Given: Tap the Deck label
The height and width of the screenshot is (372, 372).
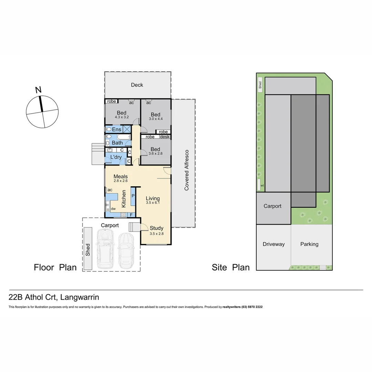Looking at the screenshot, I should [137, 85].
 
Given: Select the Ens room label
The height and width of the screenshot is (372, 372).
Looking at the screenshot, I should [116, 130].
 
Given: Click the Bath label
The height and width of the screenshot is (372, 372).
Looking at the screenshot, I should [117, 143].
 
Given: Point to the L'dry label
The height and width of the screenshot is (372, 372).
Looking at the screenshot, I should [115, 157].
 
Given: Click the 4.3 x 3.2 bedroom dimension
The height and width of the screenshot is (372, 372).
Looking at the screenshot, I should [122, 117].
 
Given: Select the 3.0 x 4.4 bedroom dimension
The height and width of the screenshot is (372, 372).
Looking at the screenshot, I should [155, 119].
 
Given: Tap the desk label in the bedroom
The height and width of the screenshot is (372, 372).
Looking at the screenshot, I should [165, 137].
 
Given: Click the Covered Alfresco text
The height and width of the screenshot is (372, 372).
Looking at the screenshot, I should [186, 170].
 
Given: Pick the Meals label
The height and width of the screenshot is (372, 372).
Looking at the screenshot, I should [121, 176].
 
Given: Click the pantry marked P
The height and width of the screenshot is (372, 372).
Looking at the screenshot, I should [133, 197].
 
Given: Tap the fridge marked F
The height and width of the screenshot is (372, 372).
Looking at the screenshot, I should [131, 215].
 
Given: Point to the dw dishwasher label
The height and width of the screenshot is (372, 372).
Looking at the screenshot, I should [113, 209].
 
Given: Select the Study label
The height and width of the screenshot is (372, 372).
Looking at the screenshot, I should [156, 228].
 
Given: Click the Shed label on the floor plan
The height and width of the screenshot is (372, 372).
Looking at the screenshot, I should [88, 249].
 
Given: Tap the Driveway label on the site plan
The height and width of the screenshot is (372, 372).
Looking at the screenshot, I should [273, 244].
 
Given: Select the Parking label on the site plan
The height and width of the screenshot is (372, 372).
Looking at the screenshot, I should [309, 244].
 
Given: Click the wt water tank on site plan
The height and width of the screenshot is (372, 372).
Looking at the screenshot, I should [262, 186].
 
